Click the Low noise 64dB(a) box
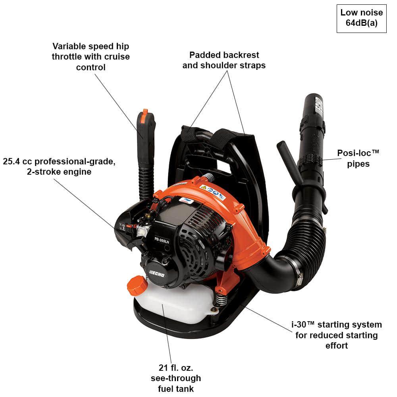click(x=361, y=18)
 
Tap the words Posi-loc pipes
click(x=358, y=158)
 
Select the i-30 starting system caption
click(x=336, y=335)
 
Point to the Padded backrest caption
click(x=224, y=60)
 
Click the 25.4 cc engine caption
click(x=59, y=167)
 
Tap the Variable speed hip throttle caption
click(x=91, y=57)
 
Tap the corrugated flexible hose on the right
click(x=310, y=238)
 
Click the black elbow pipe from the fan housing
click(x=274, y=274)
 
